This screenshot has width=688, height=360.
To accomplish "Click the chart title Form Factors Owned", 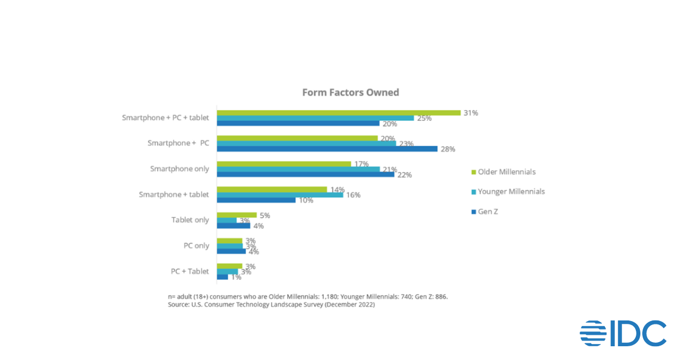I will pos(350,92).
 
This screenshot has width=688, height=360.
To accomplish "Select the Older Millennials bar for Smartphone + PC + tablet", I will pos(338,113).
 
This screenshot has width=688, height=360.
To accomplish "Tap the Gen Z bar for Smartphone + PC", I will pos(327,149).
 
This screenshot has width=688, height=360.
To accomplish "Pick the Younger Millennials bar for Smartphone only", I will pos(298,169).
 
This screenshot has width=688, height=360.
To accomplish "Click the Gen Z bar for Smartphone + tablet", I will pos(256,200).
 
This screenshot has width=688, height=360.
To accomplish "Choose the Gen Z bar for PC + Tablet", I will pos(222,277).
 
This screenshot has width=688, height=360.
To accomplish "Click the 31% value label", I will pos(471,113).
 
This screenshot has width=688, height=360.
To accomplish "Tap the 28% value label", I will pos(447,149).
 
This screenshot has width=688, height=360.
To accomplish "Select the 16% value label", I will pos(353,195).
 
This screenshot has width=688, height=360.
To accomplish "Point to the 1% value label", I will pos(236,277).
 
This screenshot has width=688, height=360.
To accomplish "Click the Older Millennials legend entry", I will pos(506,172).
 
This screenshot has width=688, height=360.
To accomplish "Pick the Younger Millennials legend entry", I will pos(511,191).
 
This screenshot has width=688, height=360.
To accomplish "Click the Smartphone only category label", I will pos(179,169).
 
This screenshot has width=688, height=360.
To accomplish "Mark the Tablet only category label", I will pos(190,220).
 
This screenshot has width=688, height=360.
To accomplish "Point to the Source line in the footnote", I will pos(271,305).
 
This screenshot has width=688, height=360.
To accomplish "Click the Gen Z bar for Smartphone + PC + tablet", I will pos(298,123).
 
